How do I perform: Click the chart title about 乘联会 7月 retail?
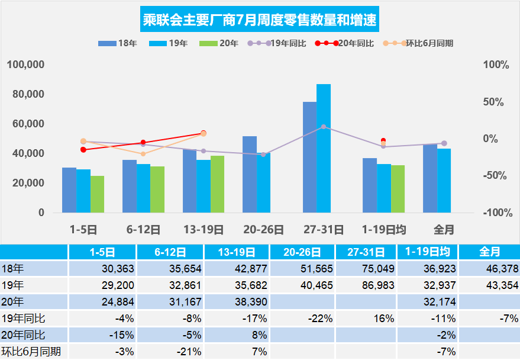(x=260, y=21)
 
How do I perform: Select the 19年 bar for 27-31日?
(x=324, y=148)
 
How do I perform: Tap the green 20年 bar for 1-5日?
(x=97, y=194)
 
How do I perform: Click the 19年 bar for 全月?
(x=444, y=181)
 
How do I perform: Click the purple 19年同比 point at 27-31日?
(x=324, y=127)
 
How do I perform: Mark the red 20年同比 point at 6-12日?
(x=143, y=143)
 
